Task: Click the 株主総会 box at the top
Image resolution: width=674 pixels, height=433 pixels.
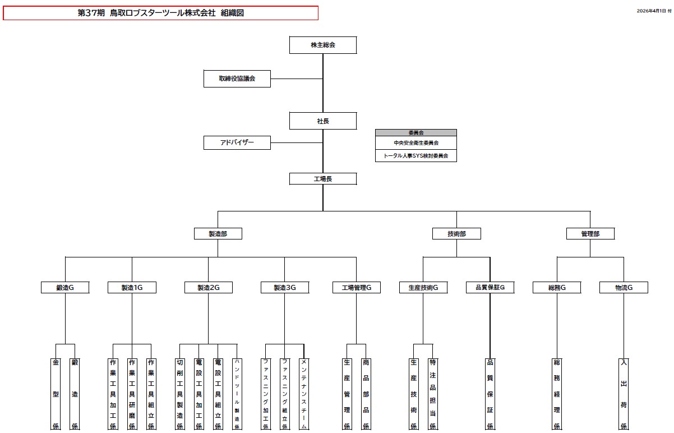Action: click(x=323, y=45)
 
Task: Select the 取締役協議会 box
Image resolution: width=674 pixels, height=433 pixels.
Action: click(x=237, y=79)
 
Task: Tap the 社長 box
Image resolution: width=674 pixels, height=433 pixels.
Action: click(x=323, y=121)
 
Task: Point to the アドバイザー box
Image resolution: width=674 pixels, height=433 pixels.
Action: click(x=237, y=143)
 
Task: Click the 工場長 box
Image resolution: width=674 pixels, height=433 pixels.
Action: click(x=323, y=179)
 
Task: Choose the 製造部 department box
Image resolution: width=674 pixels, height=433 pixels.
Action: click(x=218, y=234)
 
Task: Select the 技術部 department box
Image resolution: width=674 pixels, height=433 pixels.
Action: click(x=456, y=234)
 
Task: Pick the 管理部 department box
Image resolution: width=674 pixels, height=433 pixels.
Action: click(x=590, y=234)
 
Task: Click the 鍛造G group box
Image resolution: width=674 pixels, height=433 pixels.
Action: click(x=65, y=288)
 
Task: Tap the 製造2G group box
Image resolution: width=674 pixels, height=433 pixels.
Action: click(x=208, y=288)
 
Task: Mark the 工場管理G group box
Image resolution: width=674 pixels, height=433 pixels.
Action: click(x=357, y=288)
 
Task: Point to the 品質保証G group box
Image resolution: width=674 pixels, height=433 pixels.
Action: click(x=490, y=288)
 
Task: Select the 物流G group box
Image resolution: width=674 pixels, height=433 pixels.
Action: click(x=624, y=288)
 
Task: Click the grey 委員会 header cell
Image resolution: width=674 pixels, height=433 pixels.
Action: click(x=416, y=133)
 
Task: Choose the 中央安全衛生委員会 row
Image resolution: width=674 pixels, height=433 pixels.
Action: click(x=416, y=143)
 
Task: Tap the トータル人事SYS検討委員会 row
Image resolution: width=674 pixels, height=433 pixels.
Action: click(x=416, y=156)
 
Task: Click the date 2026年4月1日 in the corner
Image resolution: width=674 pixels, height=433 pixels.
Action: click(x=651, y=11)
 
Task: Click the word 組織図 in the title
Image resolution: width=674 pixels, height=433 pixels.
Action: click(x=232, y=13)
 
